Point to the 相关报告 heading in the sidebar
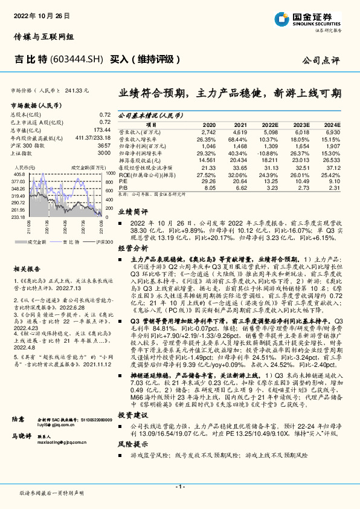[x=28, y=268]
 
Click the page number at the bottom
[x=179, y=487]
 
